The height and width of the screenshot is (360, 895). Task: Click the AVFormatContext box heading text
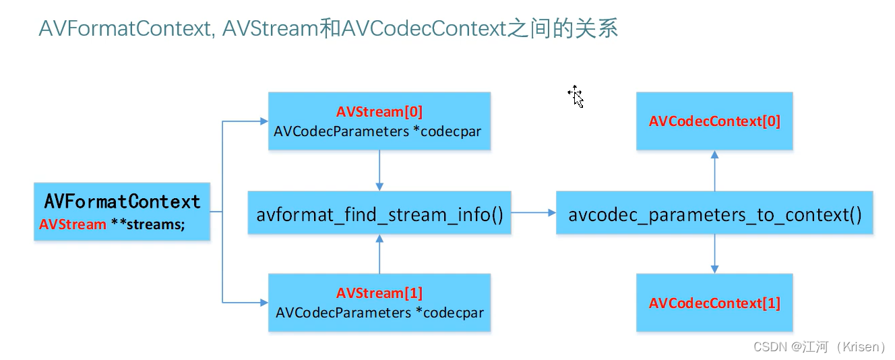click(x=122, y=202)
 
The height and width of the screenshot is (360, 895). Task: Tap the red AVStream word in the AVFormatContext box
click(x=73, y=224)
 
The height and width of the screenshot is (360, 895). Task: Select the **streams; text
click(x=148, y=224)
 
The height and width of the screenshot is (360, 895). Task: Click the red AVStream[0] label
click(x=379, y=112)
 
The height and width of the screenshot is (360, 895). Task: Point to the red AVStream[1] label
click(x=379, y=293)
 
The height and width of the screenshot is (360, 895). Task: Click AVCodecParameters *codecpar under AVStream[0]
click(x=377, y=131)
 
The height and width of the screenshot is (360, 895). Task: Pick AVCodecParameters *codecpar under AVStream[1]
click(x=379, y=313)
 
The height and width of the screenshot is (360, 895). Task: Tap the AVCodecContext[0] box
click(x=714, y=121)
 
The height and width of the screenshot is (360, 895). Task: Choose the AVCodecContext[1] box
click(x=714, y=303)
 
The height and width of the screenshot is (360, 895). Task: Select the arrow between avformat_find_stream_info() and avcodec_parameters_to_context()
click(x=533, y=213)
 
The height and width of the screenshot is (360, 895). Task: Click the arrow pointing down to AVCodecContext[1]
click(x=714, y=254)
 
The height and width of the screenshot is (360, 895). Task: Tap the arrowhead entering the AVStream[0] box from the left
click(x=264, y=121)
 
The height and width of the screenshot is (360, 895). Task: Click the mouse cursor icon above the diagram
click(x=576, y=96)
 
